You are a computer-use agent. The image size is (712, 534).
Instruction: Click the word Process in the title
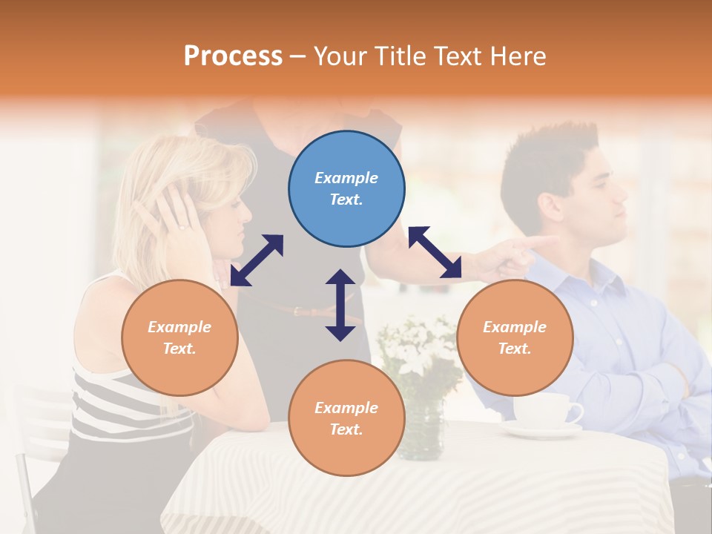click(233, 56)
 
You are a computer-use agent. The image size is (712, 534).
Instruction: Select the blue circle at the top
click(346, 189)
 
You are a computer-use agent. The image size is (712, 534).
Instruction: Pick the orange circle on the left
click(179, 338)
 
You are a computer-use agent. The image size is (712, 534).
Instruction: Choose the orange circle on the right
click(515, 338)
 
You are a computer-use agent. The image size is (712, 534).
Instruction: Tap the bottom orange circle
click(346, 418)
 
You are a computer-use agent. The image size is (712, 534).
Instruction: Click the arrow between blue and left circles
click(257, 260)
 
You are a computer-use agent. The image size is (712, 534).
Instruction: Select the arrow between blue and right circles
click(435, 253)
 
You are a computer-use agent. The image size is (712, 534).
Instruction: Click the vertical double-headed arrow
click(340, 305)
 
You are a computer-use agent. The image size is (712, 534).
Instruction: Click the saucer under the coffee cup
click(541, 429)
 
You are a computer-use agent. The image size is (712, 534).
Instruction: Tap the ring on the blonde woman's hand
click(182, 225)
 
